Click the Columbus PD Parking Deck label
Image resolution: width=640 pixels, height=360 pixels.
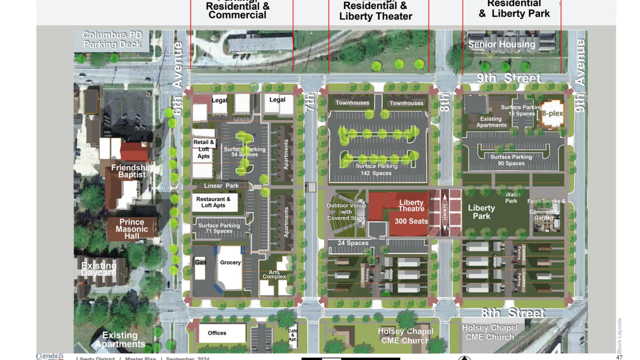(112, 39)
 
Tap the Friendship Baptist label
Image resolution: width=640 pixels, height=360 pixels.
(132, 171)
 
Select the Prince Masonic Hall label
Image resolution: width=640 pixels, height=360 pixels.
(131, 229)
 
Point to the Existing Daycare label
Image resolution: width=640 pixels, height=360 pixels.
(99, 269)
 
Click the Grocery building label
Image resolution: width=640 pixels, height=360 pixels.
(230, 262)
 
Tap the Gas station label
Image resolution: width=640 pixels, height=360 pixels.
(200, 262)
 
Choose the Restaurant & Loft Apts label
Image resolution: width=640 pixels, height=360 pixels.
(213, 202)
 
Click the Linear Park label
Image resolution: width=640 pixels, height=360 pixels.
(221, 186)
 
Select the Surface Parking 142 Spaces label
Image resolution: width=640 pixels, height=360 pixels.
(377, 170)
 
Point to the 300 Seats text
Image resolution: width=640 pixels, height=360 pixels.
(411, 221)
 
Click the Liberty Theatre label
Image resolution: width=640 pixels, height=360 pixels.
(411, 206)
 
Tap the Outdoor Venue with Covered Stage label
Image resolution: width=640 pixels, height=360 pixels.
(346, 212)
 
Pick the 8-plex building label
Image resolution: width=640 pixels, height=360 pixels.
(552, 113)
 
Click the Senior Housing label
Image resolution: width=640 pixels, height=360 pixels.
(501, 44)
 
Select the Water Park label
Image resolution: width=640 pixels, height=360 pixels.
(511, 198)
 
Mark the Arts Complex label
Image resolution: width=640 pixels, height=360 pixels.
(275, 274)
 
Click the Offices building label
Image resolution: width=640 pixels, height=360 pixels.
(217, 333)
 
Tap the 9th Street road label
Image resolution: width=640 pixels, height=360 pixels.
(510, 78)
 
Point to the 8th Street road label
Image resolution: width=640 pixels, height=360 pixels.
(513, 313)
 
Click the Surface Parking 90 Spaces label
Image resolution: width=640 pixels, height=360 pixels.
(511, 160)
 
